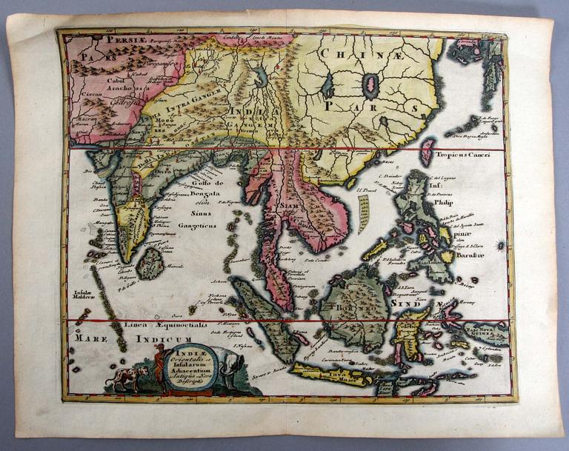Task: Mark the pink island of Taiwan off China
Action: point(427,152)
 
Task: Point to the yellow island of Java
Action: point(332,375)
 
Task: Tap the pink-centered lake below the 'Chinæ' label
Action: point(370,87)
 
